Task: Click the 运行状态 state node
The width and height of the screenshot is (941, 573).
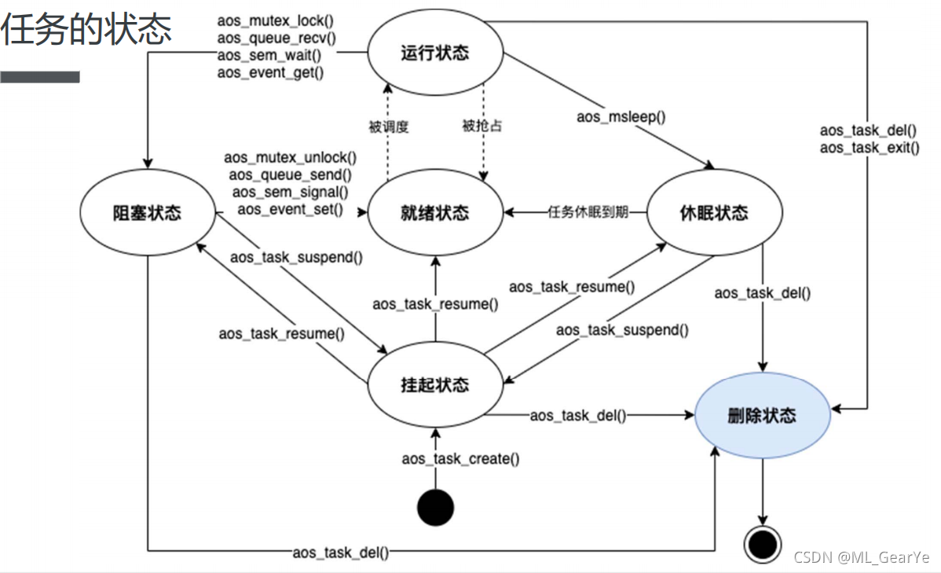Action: point(434,53)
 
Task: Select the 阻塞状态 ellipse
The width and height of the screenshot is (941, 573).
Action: point(147,213)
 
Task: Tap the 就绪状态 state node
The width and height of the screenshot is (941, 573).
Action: point(434,213)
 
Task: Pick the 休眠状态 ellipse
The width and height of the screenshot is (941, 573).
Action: point(714,213)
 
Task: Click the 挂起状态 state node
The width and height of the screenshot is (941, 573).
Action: point(434,384)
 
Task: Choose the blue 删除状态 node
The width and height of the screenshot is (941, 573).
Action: point(762,416)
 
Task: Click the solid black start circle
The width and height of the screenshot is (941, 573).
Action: point(435,507)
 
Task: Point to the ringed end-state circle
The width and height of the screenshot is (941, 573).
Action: point(762,543)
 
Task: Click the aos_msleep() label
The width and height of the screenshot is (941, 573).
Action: point(621,117)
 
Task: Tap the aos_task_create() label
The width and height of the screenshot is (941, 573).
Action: point(461,458)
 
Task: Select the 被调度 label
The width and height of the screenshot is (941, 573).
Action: point(389,126)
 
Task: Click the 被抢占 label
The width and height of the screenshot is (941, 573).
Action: point(481,126)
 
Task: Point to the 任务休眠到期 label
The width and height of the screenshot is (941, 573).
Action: point(588,213)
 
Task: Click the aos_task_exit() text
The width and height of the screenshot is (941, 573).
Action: point(870,148)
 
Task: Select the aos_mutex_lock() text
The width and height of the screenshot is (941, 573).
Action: point(276,22)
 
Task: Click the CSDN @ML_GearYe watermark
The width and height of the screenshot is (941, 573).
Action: point(861,557)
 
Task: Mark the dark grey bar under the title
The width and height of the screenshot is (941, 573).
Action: point(40,77)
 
